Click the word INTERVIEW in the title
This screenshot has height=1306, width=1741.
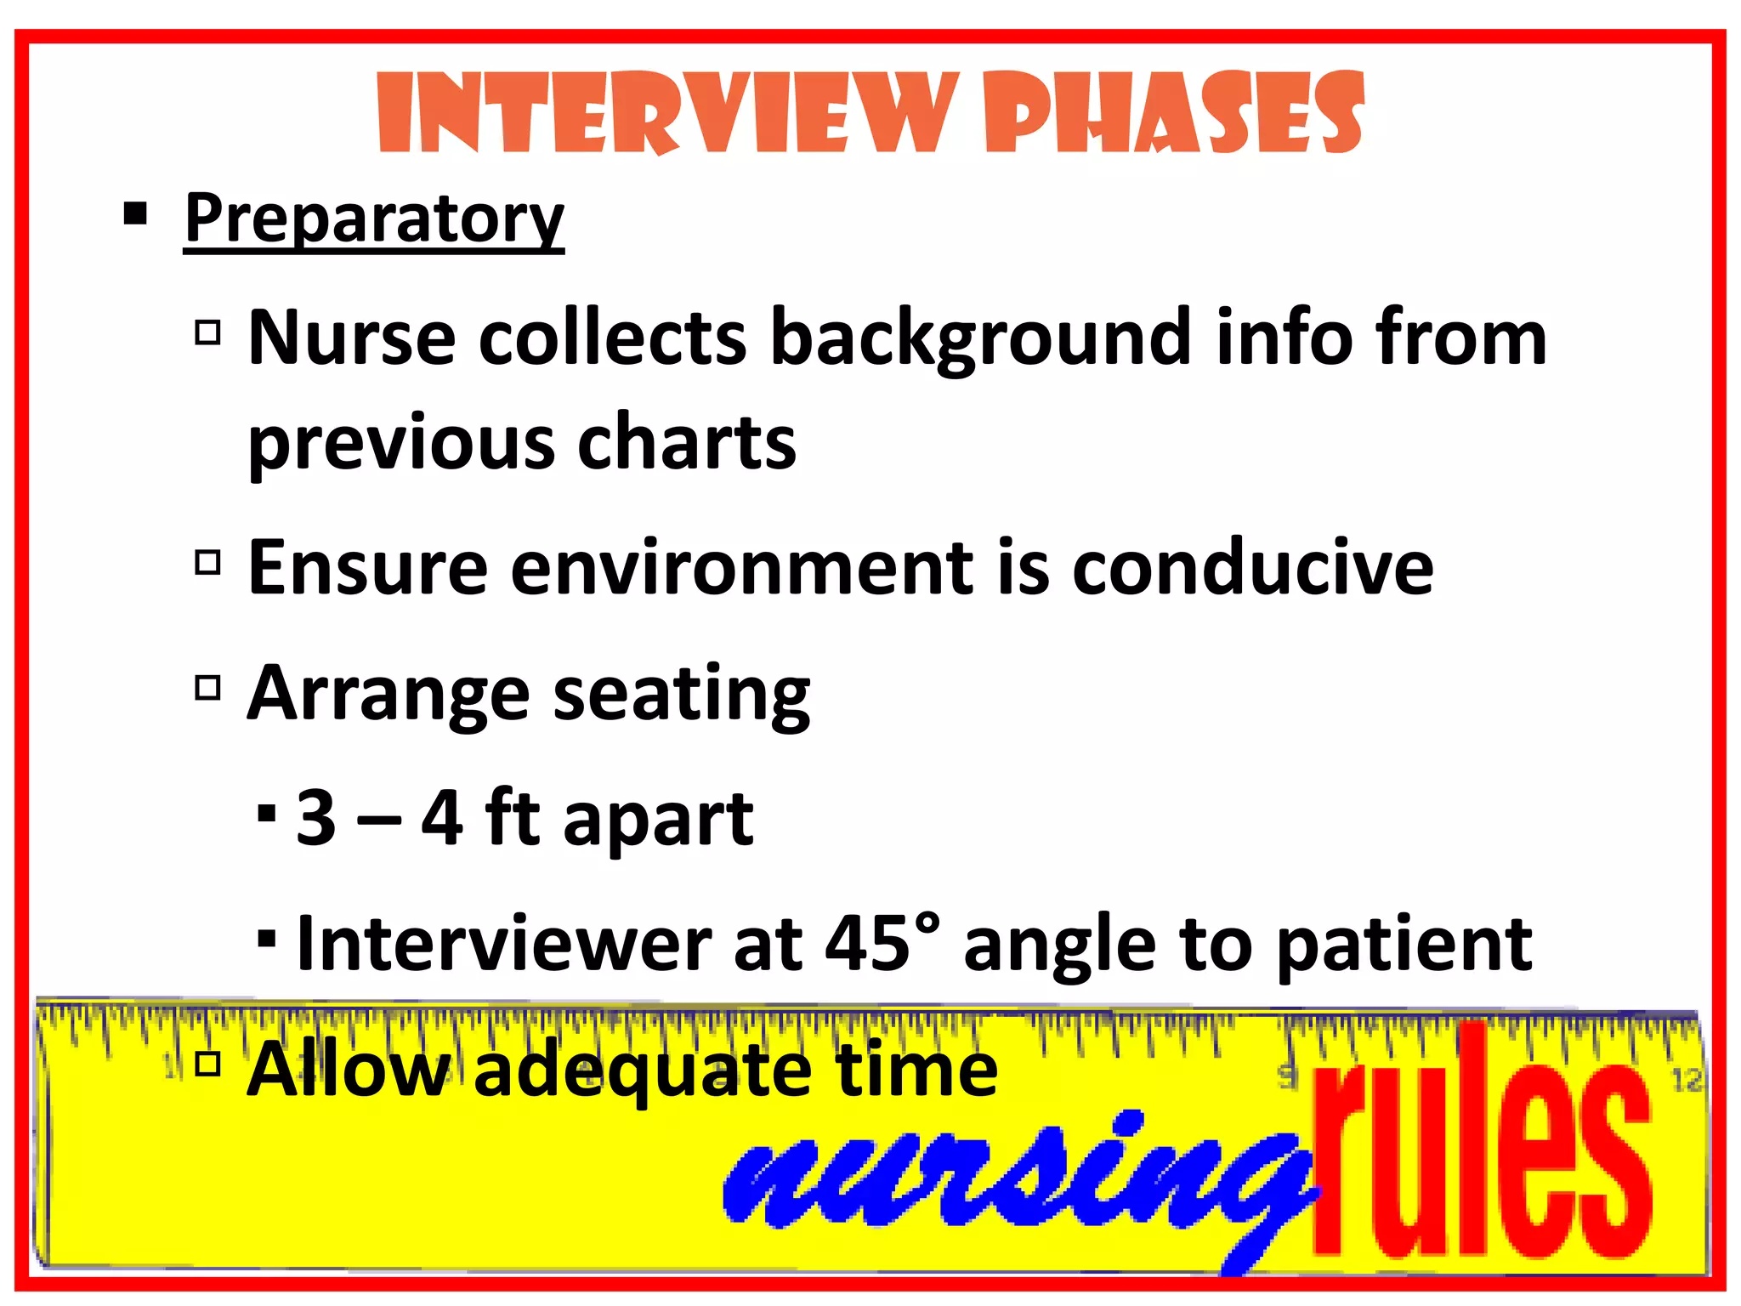coord(667,114)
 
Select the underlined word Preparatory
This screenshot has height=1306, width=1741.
coord(374,218)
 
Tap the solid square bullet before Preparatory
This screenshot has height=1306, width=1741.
coord(135,213)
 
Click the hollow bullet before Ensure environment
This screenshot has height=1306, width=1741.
coord(208,562)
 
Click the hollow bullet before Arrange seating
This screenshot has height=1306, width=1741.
coord(208,687)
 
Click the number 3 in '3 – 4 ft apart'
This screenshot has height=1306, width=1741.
coord(315,818)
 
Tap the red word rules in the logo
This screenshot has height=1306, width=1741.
coord(1479,1148)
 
